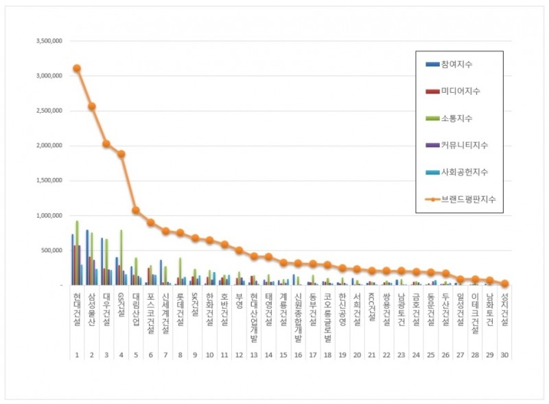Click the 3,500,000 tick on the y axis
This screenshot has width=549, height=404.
coord(49,41)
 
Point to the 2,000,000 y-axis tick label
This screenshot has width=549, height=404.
coord(49,146)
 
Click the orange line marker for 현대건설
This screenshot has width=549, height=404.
coord(77,68)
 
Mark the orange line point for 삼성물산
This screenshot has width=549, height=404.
coord(91,106)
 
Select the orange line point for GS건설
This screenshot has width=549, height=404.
coord(121,154)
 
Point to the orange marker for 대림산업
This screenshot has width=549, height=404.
coord(136,210)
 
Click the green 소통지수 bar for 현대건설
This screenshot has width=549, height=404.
coord(77,253)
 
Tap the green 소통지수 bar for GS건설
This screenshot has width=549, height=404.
coord(121,257)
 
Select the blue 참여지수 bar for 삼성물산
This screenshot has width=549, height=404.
coord(87,257)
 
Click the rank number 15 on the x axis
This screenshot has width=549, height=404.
coord(283,355)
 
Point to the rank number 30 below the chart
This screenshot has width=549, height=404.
coord(504,355)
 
